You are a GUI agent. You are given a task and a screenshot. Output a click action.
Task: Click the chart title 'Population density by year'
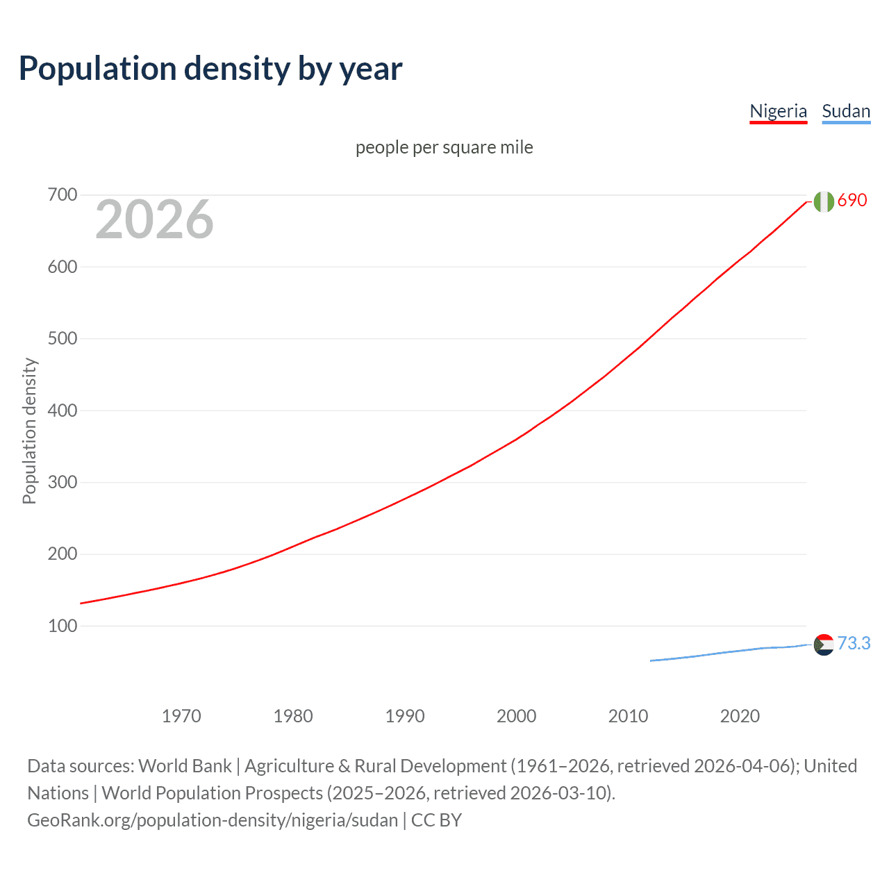210,69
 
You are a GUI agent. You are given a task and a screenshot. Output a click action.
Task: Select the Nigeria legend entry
778,111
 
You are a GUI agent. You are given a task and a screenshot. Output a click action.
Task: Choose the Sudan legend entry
845,111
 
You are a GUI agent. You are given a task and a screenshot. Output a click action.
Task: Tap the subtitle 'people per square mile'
444,147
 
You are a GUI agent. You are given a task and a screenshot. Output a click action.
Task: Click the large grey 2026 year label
154,219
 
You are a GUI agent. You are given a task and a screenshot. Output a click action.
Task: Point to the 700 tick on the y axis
62,195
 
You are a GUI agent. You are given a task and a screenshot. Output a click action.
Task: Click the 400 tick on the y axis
62,410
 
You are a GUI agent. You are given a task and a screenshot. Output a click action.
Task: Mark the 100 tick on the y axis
62,626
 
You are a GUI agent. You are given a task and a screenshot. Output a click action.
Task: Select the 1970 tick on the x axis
181,716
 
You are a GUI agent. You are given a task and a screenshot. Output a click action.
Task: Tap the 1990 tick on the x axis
405,716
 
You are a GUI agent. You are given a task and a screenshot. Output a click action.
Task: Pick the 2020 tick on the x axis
740,716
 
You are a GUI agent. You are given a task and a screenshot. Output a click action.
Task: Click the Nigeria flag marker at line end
824,201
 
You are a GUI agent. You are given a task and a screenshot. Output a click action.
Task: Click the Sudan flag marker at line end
824,645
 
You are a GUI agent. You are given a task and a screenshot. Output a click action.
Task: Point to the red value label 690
852,200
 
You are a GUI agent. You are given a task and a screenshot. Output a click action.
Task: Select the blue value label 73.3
854,643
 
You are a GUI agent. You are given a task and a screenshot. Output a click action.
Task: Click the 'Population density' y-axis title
29,431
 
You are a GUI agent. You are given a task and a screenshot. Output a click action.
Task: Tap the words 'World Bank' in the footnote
185,766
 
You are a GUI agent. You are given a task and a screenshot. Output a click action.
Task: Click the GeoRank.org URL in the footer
213,820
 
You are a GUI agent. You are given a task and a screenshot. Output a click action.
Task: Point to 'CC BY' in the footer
436,820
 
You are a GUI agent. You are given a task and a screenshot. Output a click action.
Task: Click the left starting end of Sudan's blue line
651,660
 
